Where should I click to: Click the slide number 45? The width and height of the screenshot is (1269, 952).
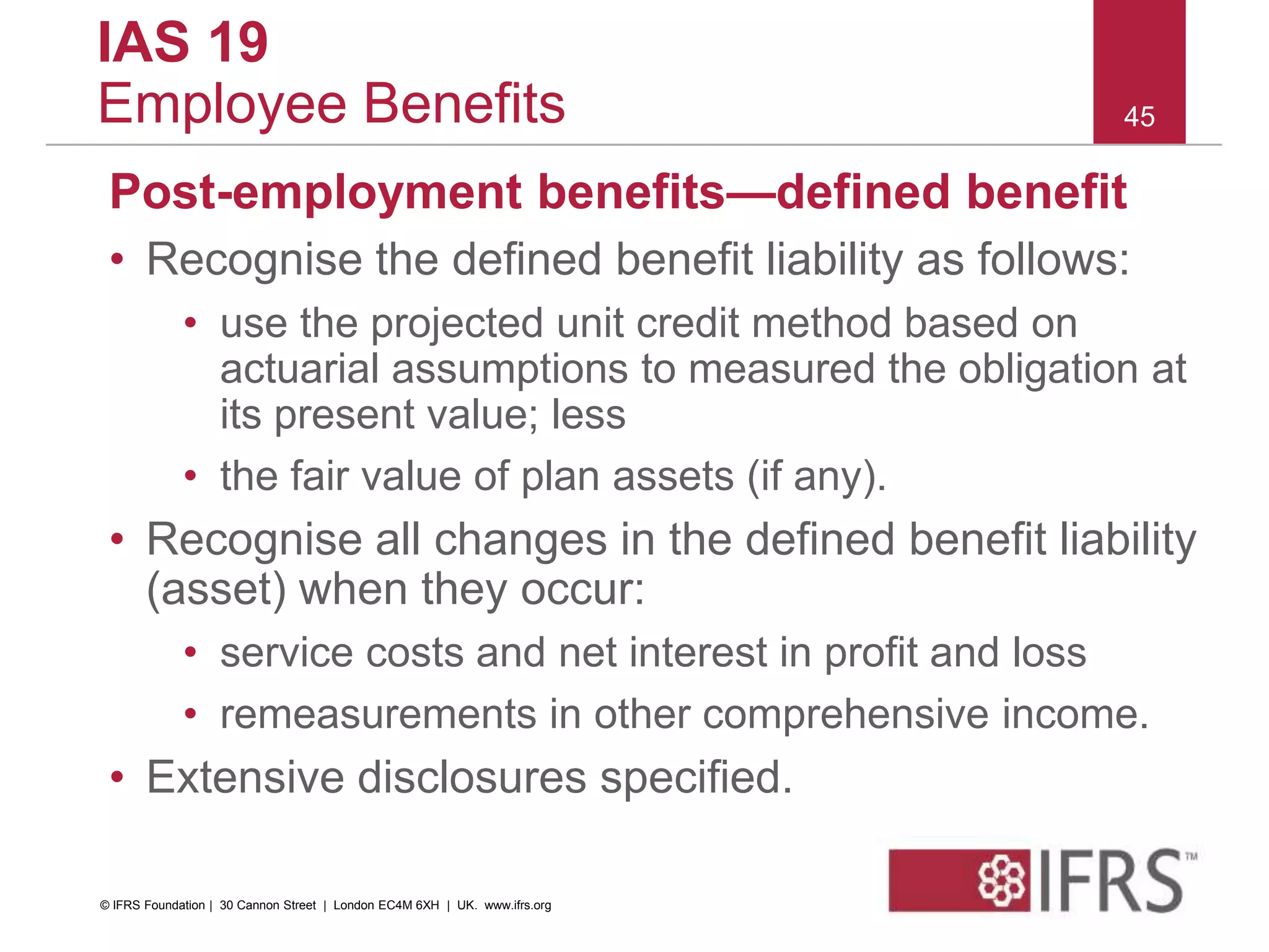pos(1139,117)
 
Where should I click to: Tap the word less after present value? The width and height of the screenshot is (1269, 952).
pos(588,415)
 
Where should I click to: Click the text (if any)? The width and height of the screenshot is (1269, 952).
pos(817,477)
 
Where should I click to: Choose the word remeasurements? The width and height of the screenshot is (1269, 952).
pos(378,715)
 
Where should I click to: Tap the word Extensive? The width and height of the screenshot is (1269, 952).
pos(245,777)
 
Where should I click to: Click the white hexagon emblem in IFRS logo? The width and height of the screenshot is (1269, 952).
pos(1001,880)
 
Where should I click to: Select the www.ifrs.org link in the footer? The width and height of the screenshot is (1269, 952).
pos(517,906)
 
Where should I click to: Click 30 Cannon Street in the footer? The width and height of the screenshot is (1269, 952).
pos(268,906)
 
